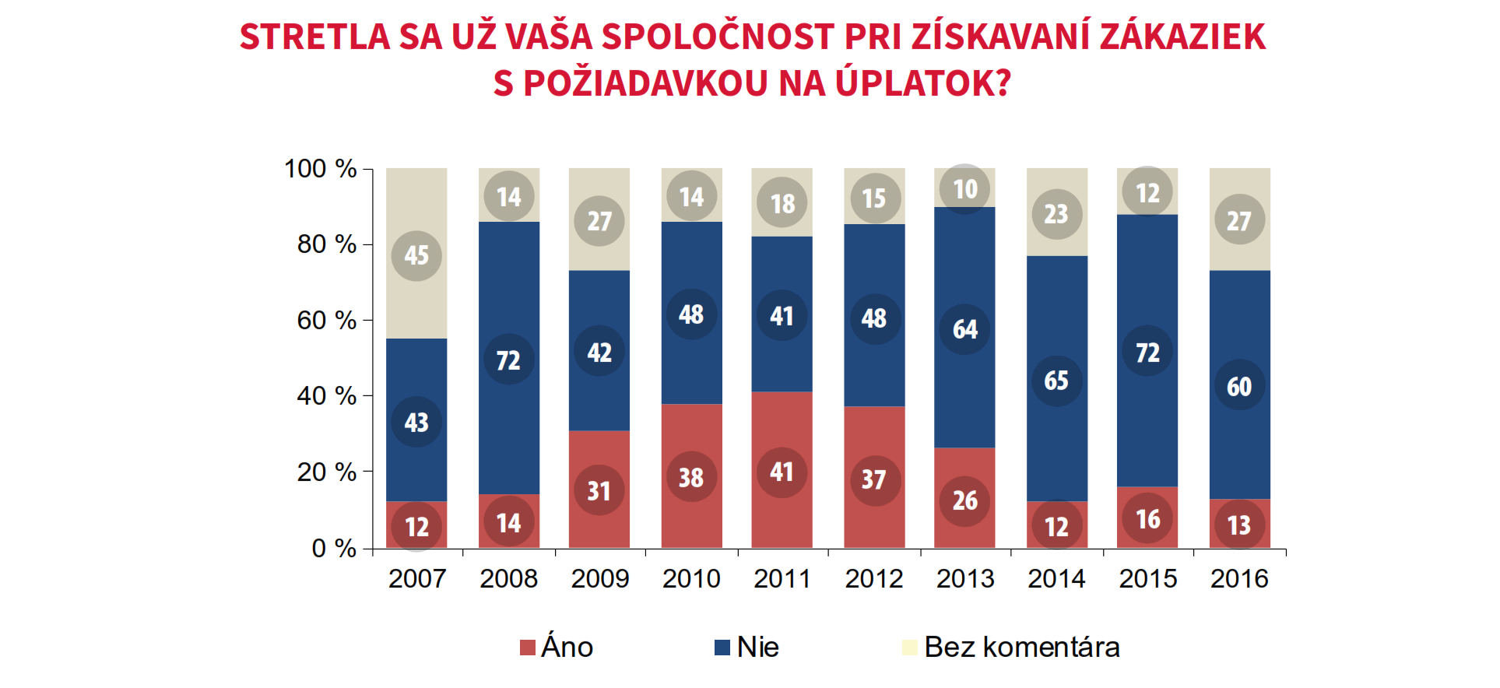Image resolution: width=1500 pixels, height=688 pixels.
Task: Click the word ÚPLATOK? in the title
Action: click(x=922, y=83)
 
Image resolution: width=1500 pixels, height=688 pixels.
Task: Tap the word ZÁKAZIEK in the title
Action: click(x=1182, y=37)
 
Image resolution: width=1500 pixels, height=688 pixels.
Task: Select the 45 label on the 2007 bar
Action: click(x=416, y=255)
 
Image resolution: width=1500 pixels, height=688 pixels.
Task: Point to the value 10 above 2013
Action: click(x=964, y=189)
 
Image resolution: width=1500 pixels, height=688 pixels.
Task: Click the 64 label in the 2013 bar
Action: click(x=964, y=329)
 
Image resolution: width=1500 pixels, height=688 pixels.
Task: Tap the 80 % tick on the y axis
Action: click(x=326, y=244)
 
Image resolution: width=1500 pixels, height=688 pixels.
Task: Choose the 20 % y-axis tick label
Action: click(x=326, y=472)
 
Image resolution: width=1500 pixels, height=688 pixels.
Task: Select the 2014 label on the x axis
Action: click(x=1056, y=579)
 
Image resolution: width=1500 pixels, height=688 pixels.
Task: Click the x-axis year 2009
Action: click(x=599, y=579)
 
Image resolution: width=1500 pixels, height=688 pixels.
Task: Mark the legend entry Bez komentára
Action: click(x=1021, y=648)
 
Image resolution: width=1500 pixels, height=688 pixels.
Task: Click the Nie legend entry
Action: click(x=757, y=648)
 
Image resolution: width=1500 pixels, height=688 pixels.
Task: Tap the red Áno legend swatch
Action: click(x=528, y=648)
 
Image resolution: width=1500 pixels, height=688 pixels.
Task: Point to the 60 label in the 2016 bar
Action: click(x=1238, y=387)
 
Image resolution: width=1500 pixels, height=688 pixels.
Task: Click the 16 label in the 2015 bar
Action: click(x=1147, y=519)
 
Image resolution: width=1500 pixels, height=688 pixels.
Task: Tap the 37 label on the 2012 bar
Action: click(x=873, y=480)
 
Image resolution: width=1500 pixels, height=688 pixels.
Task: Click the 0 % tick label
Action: click(x=333, y=548)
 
